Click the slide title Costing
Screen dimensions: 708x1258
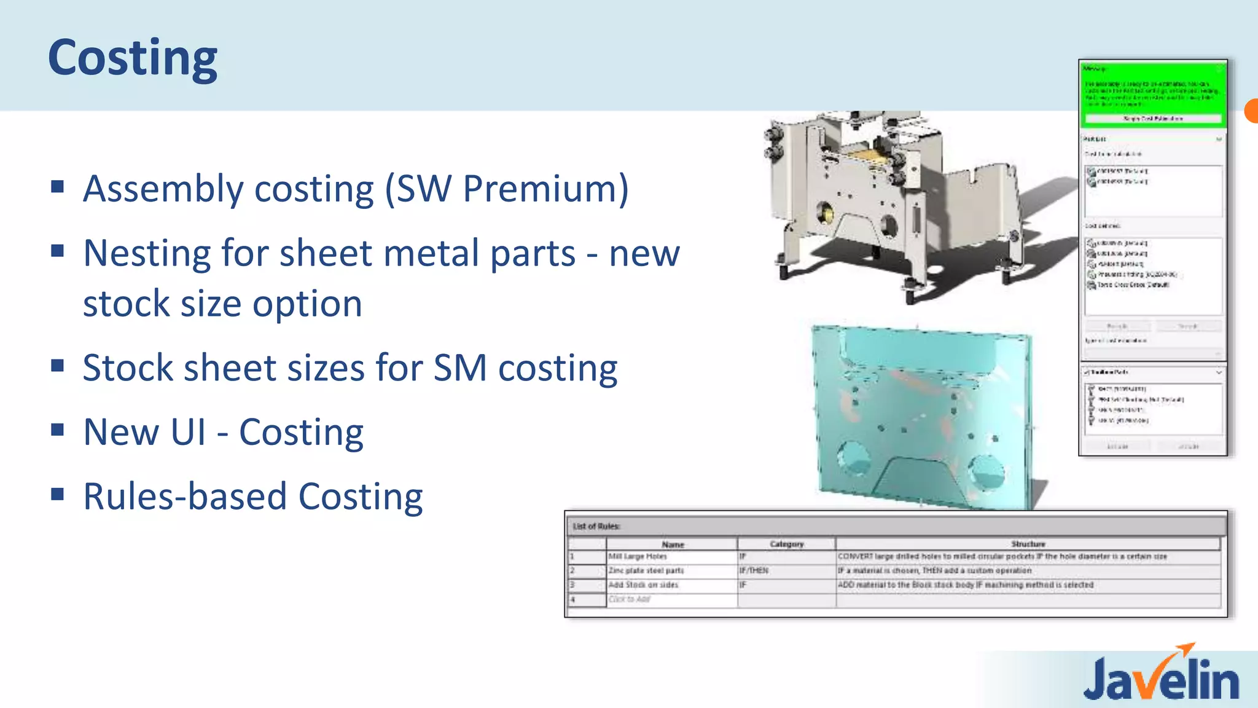point(133,58)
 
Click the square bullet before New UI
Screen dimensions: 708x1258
point(58,430)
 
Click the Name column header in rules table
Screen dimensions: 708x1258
point(673,544)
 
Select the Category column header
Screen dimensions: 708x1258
point(786,544)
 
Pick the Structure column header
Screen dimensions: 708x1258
point(1028,544)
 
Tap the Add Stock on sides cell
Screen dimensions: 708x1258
point(643,585)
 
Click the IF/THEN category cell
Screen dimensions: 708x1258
point(754,570)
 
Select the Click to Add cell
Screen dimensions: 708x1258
point(630,599)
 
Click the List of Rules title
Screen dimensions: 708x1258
point(596,526)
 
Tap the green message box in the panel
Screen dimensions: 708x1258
point(1152,92)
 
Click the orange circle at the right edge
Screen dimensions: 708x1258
point(1251,111)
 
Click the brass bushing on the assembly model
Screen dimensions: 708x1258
point(822,215)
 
